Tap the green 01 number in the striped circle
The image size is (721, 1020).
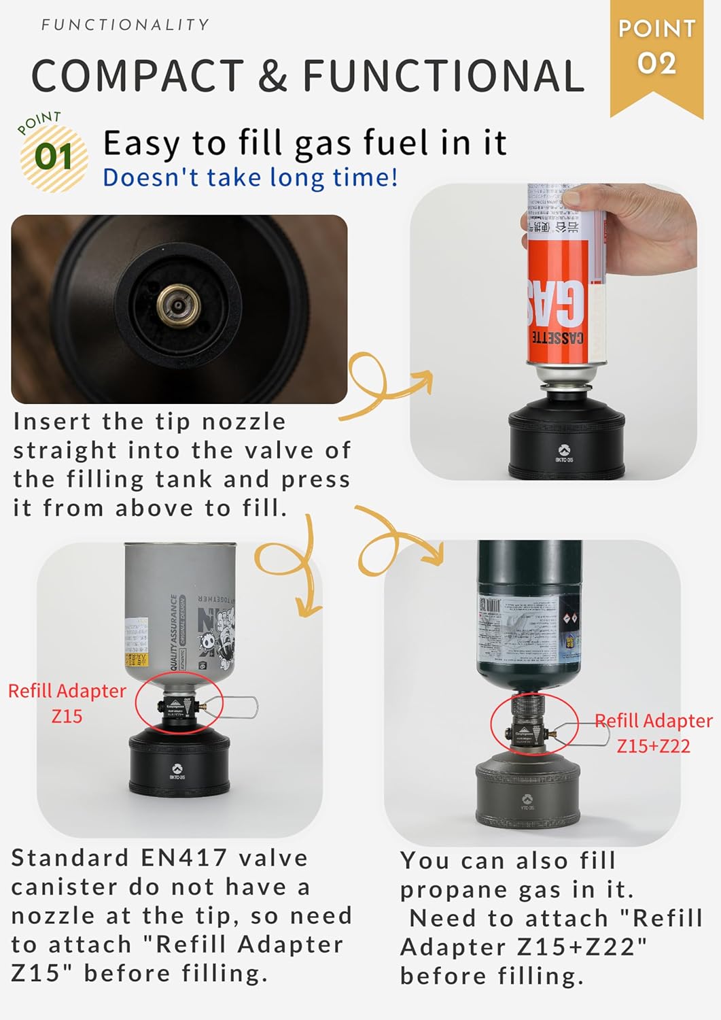click(x=54, y=157)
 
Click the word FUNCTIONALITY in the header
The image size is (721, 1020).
click(x=125, y=25)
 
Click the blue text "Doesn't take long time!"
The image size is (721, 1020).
click(x=249, y=177)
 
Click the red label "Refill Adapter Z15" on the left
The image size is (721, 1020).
click(x=67, y=703)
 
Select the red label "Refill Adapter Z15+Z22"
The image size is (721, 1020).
click(x=653, y=733)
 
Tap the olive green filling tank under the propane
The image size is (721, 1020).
click(x=527, y=796)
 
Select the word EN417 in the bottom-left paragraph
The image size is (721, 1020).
click(x=183, y=858)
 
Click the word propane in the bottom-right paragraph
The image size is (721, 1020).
click(x=455, y=890)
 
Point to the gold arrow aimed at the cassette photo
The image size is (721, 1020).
click(x=394, y=388)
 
